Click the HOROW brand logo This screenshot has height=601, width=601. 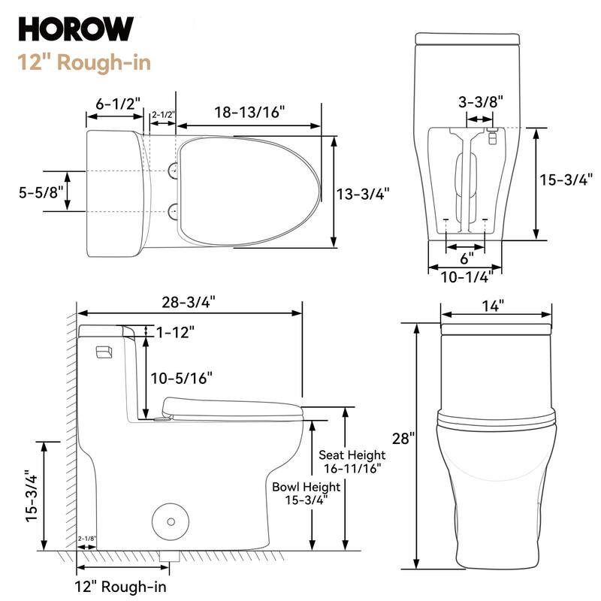76,29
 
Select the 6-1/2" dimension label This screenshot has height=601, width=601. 119,104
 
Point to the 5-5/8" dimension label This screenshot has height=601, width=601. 35,192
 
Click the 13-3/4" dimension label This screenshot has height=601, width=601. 363,194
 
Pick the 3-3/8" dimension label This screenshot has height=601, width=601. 480,101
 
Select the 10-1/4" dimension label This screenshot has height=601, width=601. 466,277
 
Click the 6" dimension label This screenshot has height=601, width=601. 467,258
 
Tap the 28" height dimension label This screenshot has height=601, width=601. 403,437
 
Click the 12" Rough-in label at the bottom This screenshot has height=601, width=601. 120,586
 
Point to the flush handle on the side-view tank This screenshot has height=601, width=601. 104,351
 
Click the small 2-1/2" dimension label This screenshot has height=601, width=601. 163,115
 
